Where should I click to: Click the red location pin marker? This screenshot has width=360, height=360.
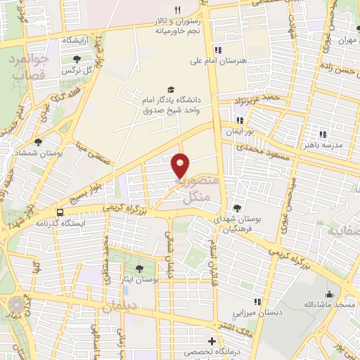181,165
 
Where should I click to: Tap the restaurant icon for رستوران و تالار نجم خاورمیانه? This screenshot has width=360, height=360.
177,10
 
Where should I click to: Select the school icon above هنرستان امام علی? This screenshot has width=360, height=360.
219,50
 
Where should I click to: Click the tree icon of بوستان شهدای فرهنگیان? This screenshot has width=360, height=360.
238,207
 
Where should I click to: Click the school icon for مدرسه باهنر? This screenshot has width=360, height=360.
323,134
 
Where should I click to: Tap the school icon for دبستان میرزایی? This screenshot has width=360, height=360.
257,302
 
